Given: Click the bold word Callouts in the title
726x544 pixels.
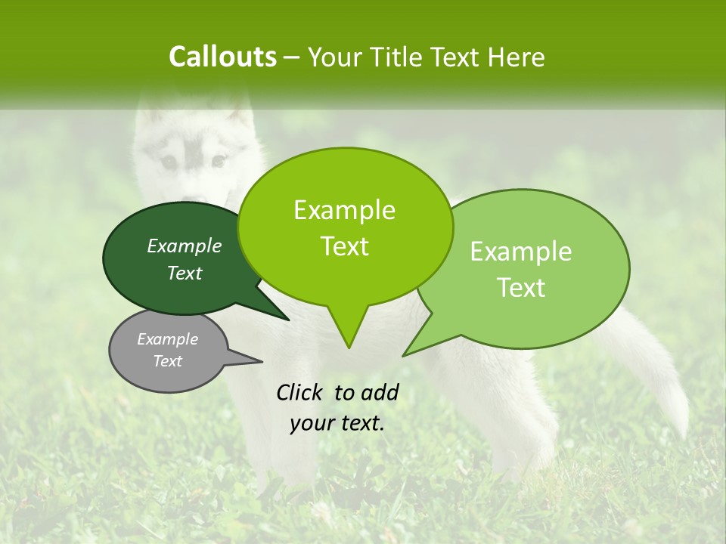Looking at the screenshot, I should coord(222,57).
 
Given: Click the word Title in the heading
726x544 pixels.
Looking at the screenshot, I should coord(400,57).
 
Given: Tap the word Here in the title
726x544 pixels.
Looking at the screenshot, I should coord(515,57).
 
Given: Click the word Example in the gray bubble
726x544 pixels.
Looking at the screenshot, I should coord(168,339).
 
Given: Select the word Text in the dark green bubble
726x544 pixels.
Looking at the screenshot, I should coord(185,273).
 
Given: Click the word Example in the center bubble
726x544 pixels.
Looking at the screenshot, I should coord(344,210).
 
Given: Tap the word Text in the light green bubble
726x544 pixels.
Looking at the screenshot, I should coord(521,287).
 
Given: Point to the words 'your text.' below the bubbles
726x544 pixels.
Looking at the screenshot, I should coord(337,423).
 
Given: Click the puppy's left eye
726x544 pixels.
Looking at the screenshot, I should coord(169,161).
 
